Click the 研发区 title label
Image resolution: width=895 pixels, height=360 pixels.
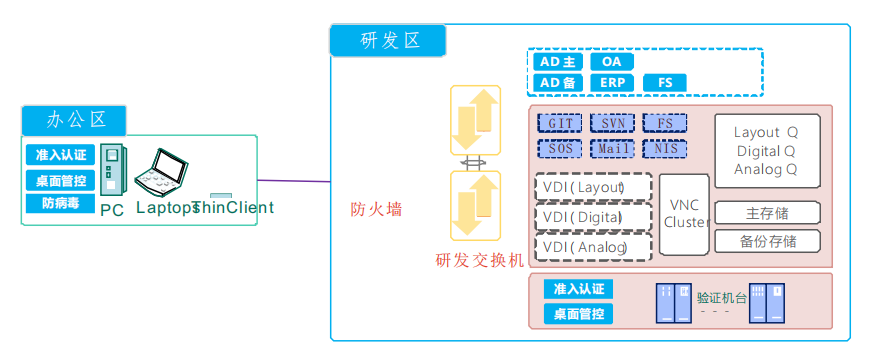388,41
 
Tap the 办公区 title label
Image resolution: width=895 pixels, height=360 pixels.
76,120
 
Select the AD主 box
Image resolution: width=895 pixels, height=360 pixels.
559,61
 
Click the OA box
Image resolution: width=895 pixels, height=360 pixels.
611,61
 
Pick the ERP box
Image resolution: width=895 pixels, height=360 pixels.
611,82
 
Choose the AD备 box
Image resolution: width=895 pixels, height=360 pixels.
559,82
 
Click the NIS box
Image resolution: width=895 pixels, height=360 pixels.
664,148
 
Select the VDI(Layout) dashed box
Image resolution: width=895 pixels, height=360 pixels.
594,187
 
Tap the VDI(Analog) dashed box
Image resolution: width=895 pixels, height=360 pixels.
594,246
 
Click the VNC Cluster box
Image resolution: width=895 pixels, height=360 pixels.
685,213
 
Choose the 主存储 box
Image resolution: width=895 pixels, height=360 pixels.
767,213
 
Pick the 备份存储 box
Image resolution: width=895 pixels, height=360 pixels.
767,241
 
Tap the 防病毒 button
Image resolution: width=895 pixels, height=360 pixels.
61,203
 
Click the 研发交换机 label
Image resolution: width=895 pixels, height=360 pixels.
479,260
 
